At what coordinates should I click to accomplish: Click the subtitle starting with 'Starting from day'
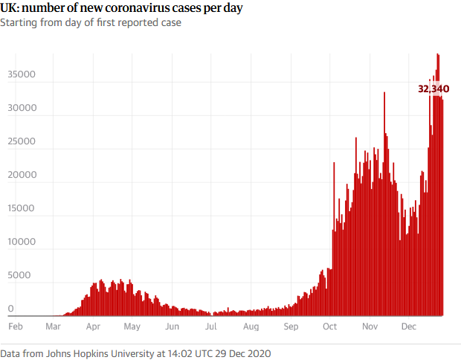click(x=91, y=22)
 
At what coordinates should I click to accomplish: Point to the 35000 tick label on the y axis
click(x=21, y=74)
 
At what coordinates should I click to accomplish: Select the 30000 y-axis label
click(x=21, y=108)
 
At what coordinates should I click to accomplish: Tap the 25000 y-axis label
click(x=21, y=141)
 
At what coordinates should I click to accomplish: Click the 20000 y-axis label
click(x=21, y=175)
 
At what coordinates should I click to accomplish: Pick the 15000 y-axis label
click(x=21, y=208)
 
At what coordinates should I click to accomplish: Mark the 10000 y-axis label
click(x=21, y=242)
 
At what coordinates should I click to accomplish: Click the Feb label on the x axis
click(x=15, y=326)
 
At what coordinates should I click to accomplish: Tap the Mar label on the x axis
click(x=54, y=326)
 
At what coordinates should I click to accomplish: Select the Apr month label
click(x=94, y=326)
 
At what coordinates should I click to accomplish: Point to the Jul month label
click(x=210, y=326)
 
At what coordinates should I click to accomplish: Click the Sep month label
click(x=291, y=326)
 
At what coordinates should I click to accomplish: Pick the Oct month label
click(x=329, y=326)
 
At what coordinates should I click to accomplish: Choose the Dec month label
click(x=408, y=326)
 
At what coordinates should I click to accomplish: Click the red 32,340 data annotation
click(x=433, y=89)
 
